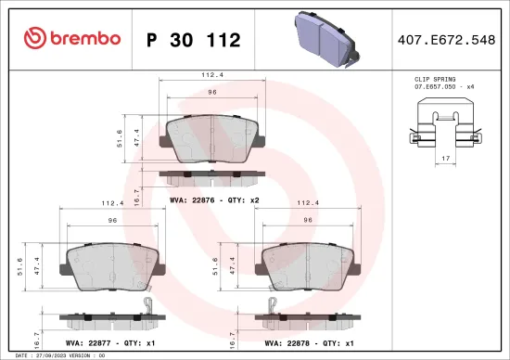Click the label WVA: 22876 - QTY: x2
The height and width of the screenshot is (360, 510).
213,199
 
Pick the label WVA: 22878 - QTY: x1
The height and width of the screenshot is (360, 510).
310,343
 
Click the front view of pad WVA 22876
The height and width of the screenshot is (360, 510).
212,142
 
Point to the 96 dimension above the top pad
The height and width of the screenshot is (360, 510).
211,93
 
